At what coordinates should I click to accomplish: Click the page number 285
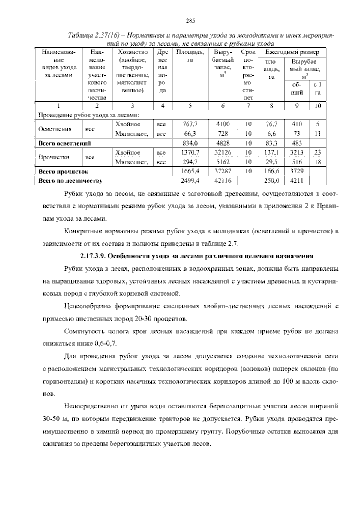pyautogui.click(x=190, y=20)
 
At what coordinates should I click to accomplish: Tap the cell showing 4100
pyautogui.click(x=222, y=124)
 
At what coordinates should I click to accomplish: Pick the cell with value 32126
pyautogui.click(x=222, y=152)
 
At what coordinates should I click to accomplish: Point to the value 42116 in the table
pyautogui.click(x=222, y=181)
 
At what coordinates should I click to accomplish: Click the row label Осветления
pyautogui.click(x=55, y=129)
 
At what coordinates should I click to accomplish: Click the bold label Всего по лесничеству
pyautogui.click(x=70, y=181)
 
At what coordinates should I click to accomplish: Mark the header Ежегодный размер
pyautogui.click(x=292, y=52)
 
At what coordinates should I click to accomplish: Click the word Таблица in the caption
pyautogui.click(x=80, y=35)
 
